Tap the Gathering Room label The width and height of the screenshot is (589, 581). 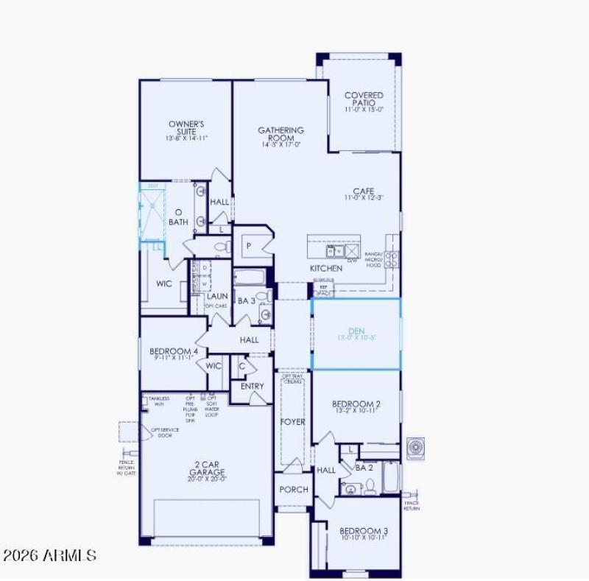pyautogui.click(x=281, y=135)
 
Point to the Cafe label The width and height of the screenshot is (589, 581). pyautogui.click(x=364, y=193)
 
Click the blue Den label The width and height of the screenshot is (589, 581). pyautogui.click(x=356, y=333)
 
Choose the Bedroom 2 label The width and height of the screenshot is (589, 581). pyautogui.click(x=356, y=406)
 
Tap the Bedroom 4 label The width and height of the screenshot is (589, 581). pyautogui.click(x=174, y=353)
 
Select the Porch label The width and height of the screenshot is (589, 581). pyautogui.click(x=294, y=490)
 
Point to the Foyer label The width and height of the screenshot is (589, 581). pyautogui.click(x=292, y=422)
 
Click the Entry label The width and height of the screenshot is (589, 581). pyautogui.click(x=252, y=387)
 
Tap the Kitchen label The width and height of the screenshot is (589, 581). pyautogui.click(x=325, y=269)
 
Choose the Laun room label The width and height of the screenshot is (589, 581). pyautogui.click(x=216, y=297)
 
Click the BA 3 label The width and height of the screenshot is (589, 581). pyautogui.click(x=246, y=300)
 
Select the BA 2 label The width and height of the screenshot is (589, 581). pyautogui.click(x=364, y=467)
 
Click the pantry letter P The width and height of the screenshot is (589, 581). pyautogui.click(x=249, y=246)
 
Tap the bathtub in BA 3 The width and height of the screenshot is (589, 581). pyautogui.click(x=250, y=279)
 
